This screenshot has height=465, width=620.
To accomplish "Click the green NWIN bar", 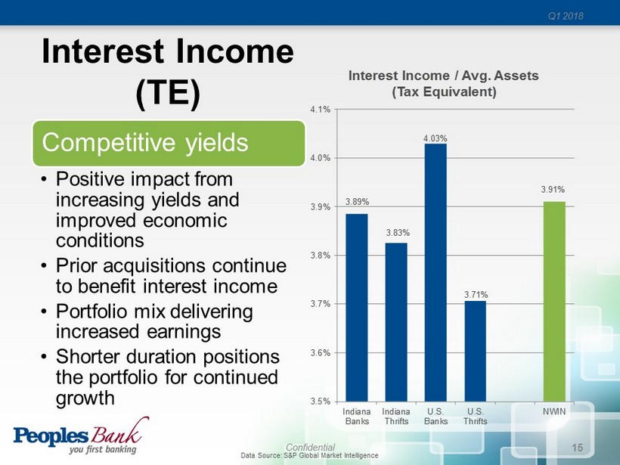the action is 554,301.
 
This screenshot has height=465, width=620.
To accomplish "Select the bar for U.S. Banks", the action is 436,272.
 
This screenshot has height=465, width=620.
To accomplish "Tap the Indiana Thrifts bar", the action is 396,322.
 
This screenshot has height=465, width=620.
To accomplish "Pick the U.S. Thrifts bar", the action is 476,351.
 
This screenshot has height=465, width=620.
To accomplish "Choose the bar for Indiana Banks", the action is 357,308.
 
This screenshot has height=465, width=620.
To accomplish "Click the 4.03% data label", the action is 436,138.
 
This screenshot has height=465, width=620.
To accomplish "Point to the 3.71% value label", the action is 476,295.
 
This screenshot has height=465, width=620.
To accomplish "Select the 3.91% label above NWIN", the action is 553,189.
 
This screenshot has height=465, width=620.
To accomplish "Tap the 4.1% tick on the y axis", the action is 321,110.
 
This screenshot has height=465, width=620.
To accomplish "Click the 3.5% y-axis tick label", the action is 321,401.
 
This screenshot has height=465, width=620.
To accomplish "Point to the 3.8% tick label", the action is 321,256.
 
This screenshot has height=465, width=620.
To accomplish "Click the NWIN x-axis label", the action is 554,411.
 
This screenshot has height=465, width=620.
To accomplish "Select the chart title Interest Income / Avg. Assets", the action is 444,76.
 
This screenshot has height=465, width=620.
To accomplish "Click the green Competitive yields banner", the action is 169,143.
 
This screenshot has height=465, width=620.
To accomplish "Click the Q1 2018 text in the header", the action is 566,16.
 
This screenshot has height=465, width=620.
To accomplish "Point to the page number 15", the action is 578,448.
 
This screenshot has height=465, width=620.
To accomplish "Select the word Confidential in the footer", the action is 311,447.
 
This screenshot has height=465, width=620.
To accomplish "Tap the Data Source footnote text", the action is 309,455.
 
